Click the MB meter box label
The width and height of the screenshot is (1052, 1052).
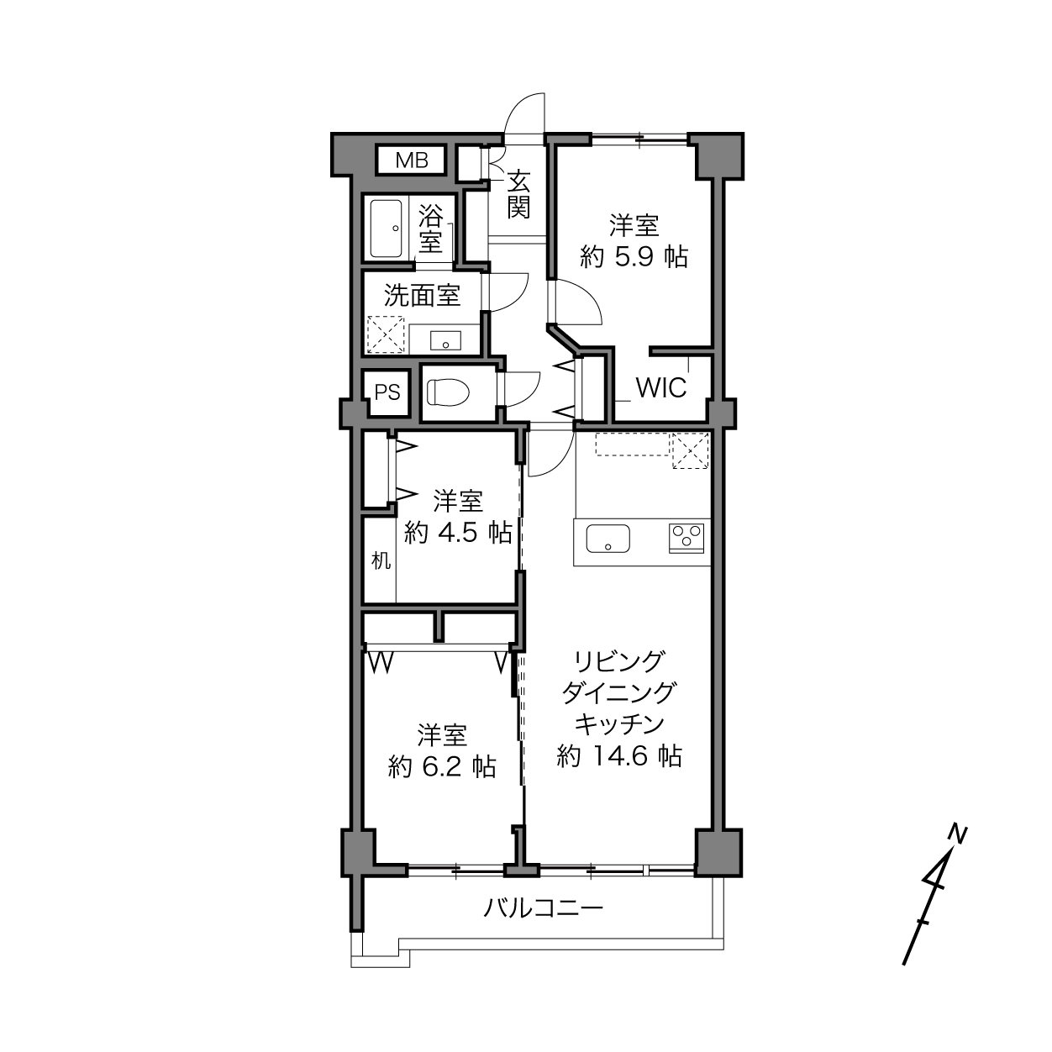coord(412,160)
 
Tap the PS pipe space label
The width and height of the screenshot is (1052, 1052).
coord(387,392)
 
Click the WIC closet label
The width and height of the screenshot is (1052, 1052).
coord(661,388)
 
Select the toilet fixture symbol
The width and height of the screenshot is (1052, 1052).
coord(448,392)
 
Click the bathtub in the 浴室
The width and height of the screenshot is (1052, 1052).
coord(386,229)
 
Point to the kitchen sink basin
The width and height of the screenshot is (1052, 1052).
coord(608,538)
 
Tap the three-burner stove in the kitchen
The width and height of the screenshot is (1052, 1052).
coord(686,537)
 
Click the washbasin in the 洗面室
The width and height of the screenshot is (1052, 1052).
coord(445,340)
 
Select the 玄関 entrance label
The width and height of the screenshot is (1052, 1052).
coord(518,194)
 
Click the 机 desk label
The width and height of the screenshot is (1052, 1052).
coord(381,560)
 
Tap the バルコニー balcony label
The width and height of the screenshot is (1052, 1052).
coord(544,907)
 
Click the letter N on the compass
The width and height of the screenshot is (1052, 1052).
coord(958,833)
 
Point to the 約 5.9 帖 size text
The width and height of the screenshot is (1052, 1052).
coord(634,256)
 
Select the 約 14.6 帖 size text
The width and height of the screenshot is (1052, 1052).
coord(619,756)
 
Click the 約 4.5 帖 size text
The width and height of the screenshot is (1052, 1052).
coord(458,532)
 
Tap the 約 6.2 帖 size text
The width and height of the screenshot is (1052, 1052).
coord(442,767)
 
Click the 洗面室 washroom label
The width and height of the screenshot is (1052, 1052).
coord(422,295)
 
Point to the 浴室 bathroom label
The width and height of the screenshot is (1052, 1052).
coord(431,229)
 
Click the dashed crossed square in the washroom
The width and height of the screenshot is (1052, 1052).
coord(386,334)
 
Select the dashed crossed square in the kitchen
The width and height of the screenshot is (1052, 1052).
coord(690,450)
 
